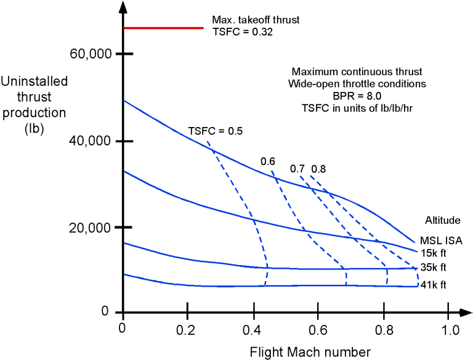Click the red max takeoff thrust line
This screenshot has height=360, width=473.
[163, 28]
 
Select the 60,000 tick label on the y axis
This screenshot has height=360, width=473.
[91, 54]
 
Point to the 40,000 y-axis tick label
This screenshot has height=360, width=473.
[91, 141]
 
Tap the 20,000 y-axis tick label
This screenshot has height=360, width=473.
[91, 228]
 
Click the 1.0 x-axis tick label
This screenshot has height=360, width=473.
[450, 329]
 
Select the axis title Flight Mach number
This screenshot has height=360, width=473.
[310, 352]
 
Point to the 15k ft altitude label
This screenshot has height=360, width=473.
[435, 253]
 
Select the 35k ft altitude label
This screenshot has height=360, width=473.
[435, 268]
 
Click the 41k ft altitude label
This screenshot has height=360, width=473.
[435, 285]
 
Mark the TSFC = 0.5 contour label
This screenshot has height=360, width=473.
[216, 131]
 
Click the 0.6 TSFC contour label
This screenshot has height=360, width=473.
[267, 162]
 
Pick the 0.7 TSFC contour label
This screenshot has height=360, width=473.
[297, 169]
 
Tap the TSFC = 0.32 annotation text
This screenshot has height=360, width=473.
[242, 31]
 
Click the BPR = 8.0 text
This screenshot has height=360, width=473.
[358, 96]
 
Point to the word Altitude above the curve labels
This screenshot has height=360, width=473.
[443, 220]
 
